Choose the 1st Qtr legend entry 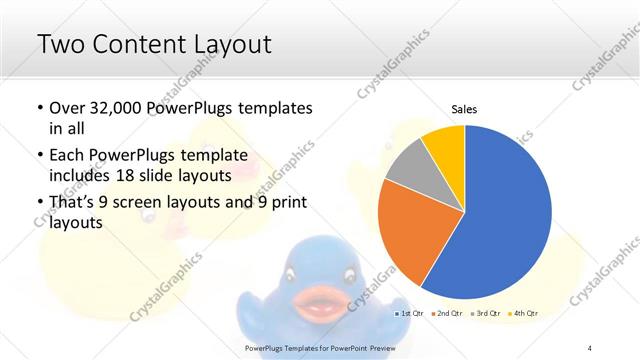pyautogui.click(x=410, y=314)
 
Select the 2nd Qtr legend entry pyautogui.click(x=447, y=314)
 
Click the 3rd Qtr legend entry pyautogui.click(x=485, y=314)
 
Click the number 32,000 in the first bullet pyautogui.click(x=118, y=108)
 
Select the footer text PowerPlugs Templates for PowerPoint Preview pyautogui.click(x=319, y=347)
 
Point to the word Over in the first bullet pyautogui.click(x=68, y=108)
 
